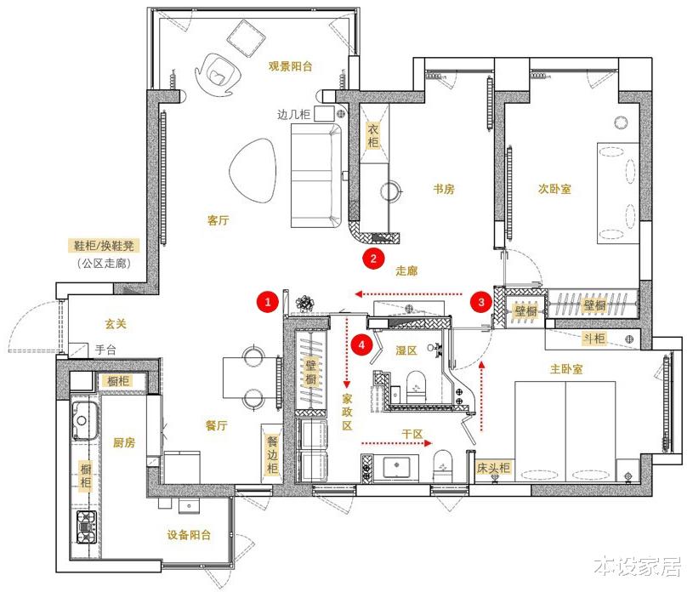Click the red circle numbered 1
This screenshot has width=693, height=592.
click(x=268, y=300)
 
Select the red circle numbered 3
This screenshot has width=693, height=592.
click(x=481, y=300)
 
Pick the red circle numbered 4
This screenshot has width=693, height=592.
click(x=362, y=344)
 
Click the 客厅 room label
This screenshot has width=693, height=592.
click(x=219, y=219)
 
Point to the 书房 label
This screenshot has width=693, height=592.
click(x=444, y=189)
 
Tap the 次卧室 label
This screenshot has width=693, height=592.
click(x=554, y=189)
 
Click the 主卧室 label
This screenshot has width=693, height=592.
click(x=566, y=369)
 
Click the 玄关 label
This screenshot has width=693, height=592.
click(x=116, y=324)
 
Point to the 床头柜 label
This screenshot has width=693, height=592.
click(x=492, y=467)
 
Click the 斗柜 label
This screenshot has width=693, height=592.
click(x=594, y=339)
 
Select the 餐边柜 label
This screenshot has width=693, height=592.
click(x=272, y=456)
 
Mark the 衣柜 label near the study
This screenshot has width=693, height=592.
click(x=372, y=136)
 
